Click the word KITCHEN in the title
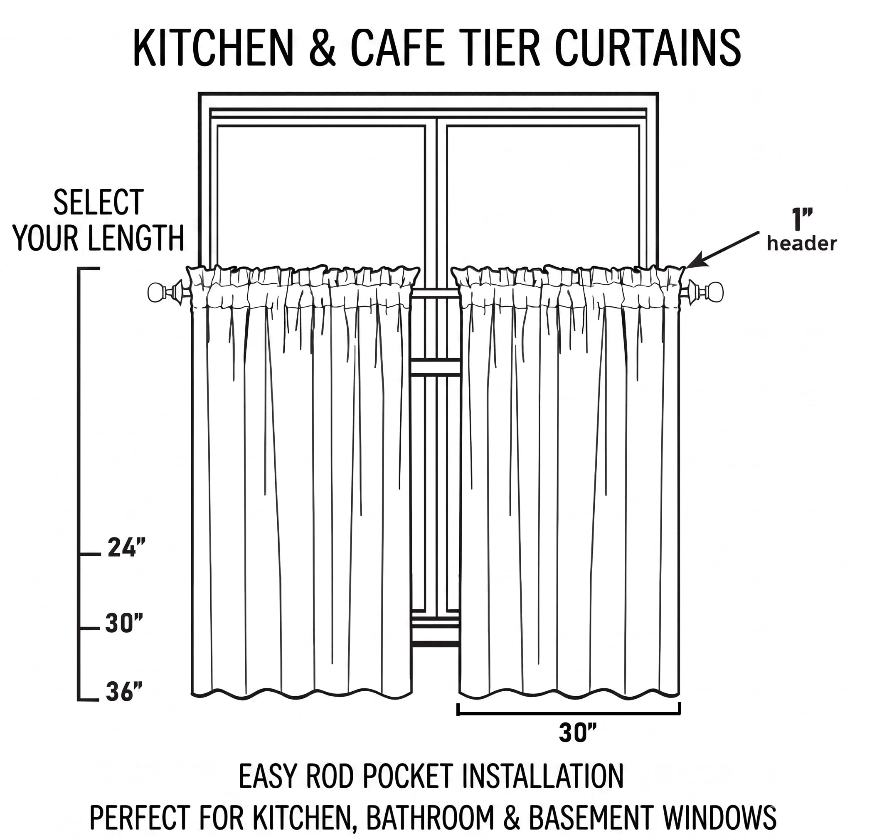pos(214,48)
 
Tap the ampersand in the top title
pos(322,48)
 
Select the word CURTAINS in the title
pos(648,48)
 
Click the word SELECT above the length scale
pos(99,202)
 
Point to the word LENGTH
pos(135,238)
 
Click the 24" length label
pos(126,548)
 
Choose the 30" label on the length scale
pos(124,623)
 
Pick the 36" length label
pos(124,692)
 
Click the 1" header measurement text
pos(802,219)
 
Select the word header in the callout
pos(802,244)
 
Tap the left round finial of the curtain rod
pos(156,292)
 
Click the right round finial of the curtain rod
pos(715,292)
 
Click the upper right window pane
pos(543,196)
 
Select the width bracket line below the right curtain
pos(569,714)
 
